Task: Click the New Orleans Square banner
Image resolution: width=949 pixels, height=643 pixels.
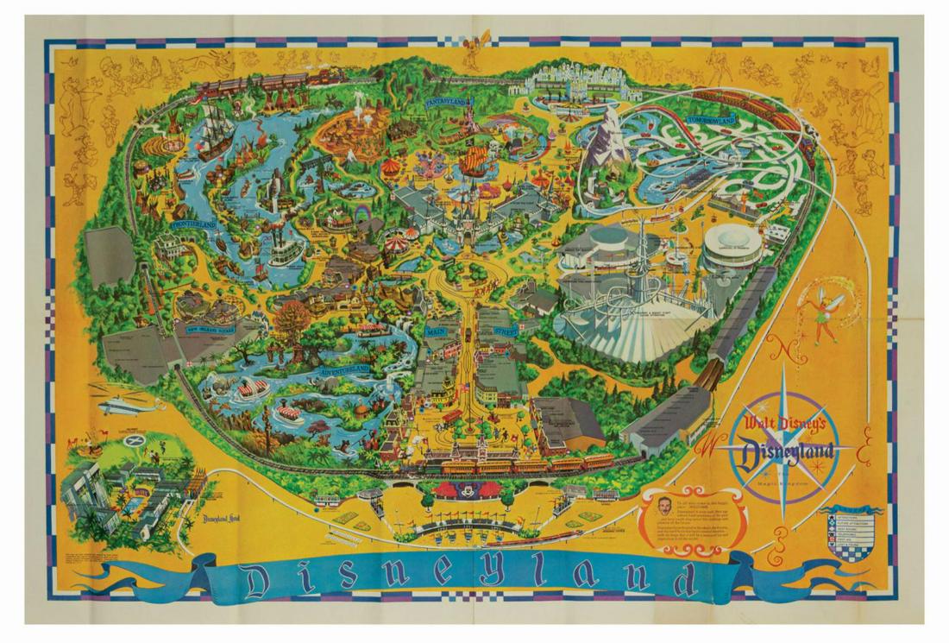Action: (x=204, y=327)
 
